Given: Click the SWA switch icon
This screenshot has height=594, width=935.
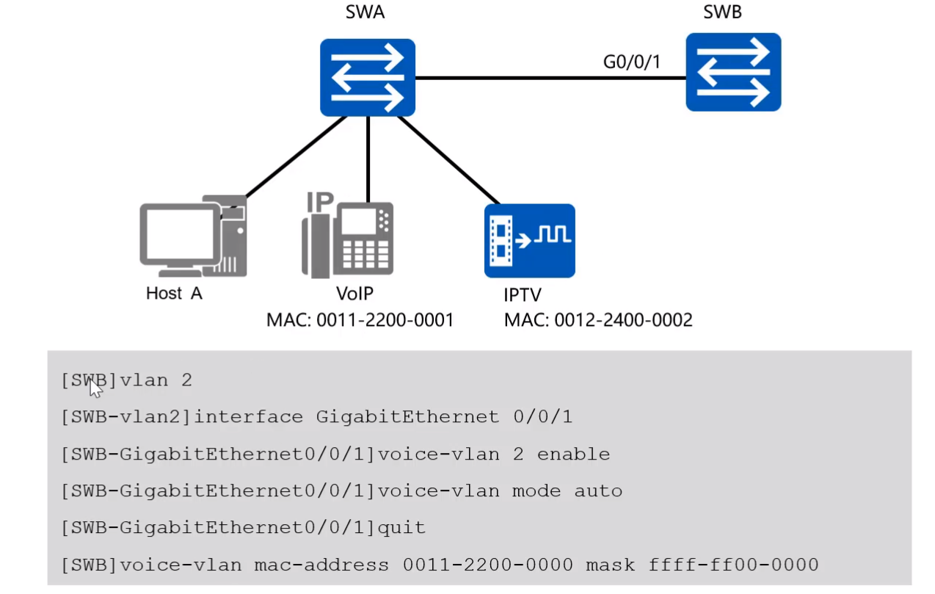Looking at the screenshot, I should tap(367, 78).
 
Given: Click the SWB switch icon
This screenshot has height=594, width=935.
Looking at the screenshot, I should tap(732, 72).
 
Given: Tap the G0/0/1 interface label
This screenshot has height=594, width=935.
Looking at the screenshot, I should tap(631, 62).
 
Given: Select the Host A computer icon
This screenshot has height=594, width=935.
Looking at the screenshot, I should tap(193, 235).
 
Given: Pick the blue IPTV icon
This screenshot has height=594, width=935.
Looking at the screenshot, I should tap(529, 240).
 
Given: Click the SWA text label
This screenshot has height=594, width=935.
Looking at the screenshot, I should tap(365, 13).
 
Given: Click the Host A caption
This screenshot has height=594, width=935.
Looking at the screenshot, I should tap(174, 294).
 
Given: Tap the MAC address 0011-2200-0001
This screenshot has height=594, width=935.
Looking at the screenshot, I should tap(360, 320).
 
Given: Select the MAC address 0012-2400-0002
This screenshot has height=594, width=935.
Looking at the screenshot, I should tap(598, 320).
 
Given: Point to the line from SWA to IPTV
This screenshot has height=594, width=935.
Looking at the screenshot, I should tap(448, 159).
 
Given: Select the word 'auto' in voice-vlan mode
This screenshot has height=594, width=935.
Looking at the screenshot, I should tap(598, 491).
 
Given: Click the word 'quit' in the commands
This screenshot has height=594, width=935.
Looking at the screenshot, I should tap(401, 528).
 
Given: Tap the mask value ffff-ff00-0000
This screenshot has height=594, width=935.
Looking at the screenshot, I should tap(733, 565).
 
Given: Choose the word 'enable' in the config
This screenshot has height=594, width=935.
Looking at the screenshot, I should tap(573, 454).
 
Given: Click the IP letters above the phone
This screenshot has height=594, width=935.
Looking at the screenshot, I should tap(319, 201).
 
